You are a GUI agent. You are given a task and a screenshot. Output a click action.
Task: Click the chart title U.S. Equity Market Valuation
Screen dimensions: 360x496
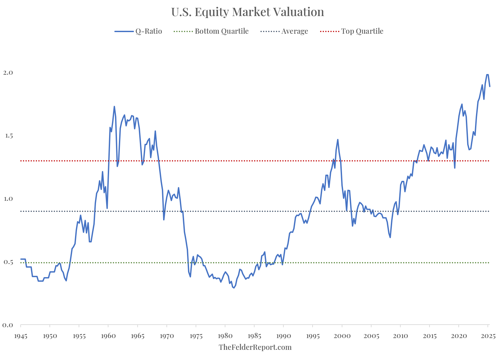(248, 12)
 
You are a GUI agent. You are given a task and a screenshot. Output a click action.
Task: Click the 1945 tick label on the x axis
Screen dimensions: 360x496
(21, 336)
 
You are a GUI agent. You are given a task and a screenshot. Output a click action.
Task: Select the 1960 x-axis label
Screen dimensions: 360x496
(108, 336)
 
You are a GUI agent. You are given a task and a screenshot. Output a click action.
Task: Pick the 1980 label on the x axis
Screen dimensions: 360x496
(225, 336)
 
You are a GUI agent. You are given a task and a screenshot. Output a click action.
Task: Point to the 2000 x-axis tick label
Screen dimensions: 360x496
(342, 336)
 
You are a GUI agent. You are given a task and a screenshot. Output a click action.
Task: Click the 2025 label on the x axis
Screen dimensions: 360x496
(488, 336)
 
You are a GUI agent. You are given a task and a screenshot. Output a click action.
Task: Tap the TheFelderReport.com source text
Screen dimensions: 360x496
(255, 347)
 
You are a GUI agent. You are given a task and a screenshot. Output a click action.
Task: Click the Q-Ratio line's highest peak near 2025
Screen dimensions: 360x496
(487, 75)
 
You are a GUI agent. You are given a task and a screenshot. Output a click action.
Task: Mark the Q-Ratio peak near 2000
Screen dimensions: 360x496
(338, 140)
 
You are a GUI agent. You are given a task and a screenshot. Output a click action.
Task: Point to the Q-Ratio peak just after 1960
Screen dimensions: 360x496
(114, 106)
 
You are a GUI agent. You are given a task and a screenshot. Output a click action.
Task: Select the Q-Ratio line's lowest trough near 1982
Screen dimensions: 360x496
(234, 288)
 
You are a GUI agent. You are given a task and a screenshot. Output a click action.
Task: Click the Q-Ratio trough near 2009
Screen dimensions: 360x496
(390, 237)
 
